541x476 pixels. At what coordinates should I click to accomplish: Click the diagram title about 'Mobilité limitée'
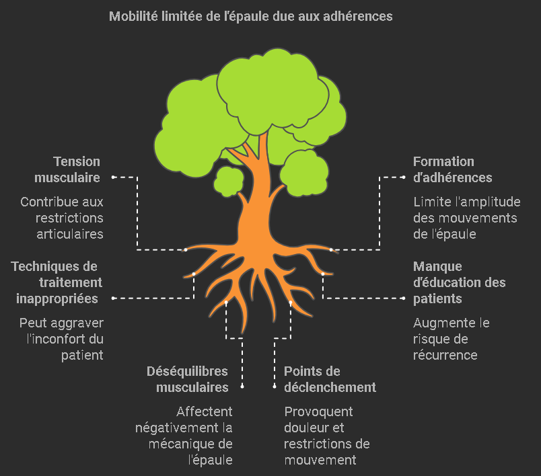[250, 16]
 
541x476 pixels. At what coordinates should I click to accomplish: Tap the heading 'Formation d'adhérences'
[452, 169]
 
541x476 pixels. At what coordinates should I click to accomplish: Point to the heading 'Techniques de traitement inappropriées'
[57, 282]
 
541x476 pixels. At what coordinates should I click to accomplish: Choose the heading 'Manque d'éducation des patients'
[459, 282]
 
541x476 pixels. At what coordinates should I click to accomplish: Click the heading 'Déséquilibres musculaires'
[188, 379]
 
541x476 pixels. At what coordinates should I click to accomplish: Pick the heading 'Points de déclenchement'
[330, 379]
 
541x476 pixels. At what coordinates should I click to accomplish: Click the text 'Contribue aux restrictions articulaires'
[62, 218]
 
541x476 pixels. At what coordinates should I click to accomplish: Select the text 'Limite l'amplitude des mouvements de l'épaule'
[465, 218]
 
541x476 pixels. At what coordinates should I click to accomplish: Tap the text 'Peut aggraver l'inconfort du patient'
[61, 339]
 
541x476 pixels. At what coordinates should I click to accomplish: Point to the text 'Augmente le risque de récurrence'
[451, 339]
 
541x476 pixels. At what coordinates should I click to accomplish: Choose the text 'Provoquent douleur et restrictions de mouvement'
[326, 436]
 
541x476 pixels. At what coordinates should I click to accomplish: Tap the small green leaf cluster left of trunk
[229, 180]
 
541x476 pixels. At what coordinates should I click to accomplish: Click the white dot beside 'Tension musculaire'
[113, 177]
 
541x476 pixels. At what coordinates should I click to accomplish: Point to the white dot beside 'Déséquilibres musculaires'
[242, 387]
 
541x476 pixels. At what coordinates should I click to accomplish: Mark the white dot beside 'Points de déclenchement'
[275, 387]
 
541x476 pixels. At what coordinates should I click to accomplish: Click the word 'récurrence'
[445, 355]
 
